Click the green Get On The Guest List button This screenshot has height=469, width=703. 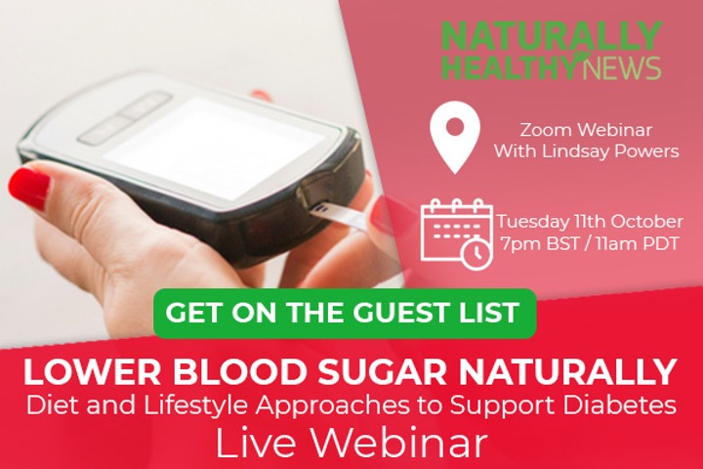pos(345,314)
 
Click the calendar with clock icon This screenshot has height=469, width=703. pos(457,234)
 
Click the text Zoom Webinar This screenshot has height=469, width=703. pos(586,130)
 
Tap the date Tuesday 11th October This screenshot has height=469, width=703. pos(590,221)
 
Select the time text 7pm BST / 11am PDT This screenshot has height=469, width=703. pos(590,243)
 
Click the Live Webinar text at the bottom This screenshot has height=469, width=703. pos(351,443)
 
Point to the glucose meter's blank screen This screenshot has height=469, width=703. pos(214,148)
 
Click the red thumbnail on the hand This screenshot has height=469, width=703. pos(29,187)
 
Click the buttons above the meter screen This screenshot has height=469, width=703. pos(125,117)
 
